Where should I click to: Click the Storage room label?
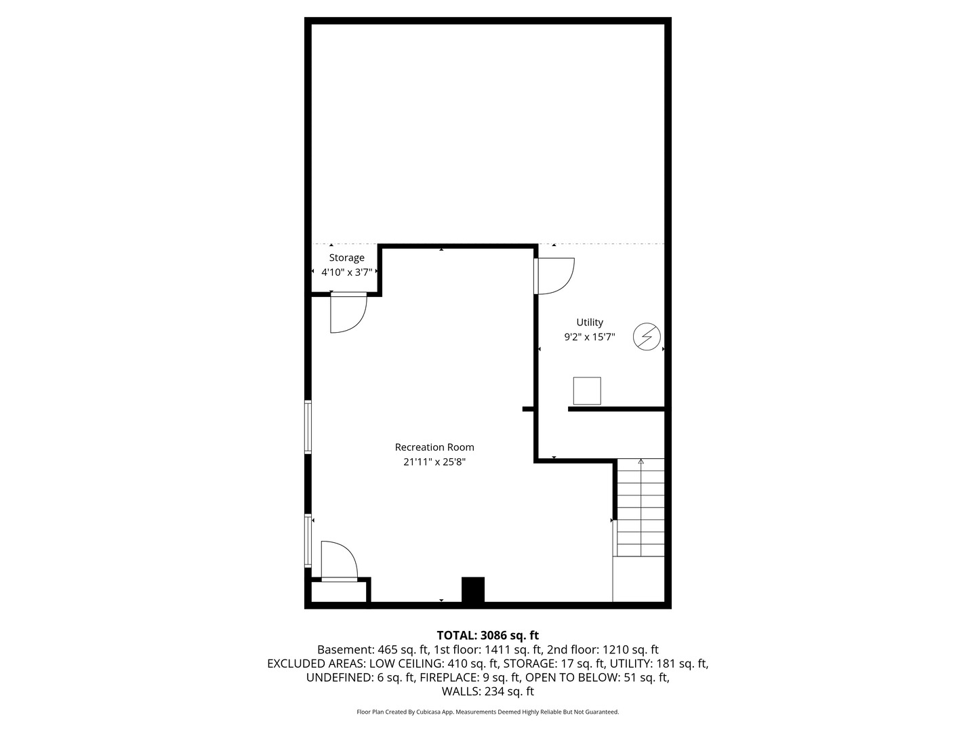pos(346,258)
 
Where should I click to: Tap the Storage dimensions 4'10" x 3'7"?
pos(346,272)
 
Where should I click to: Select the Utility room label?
pos(590,323)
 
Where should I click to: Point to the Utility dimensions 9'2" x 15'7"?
pos(590,337)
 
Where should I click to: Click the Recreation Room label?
pos(434,447)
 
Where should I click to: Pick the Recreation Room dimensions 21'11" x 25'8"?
pos(434,462)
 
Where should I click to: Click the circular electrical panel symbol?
pos(647,337)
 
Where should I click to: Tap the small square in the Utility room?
pos(587,391)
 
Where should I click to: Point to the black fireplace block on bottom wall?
pos(473,590)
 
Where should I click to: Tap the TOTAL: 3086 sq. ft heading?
pos(487,636)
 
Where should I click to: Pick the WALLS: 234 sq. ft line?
pos(487,692)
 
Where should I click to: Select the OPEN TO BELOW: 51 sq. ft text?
pos(597,678)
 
